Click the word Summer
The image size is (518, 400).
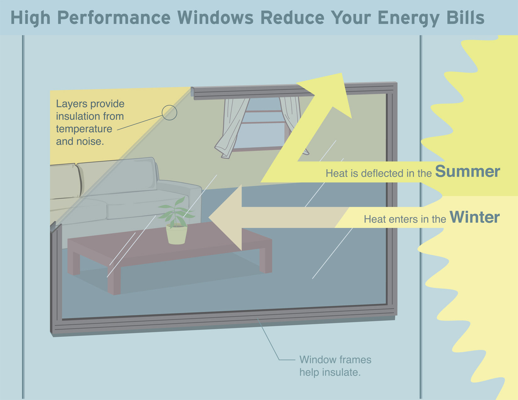tap(467, 172)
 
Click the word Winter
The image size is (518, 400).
tap(474, 217)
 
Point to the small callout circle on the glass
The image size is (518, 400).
tap(170, 113)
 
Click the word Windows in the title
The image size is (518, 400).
tap(215, 18)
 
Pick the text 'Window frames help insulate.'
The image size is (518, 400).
tap(335, 366)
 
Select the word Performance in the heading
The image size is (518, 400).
tap(114, 18)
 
